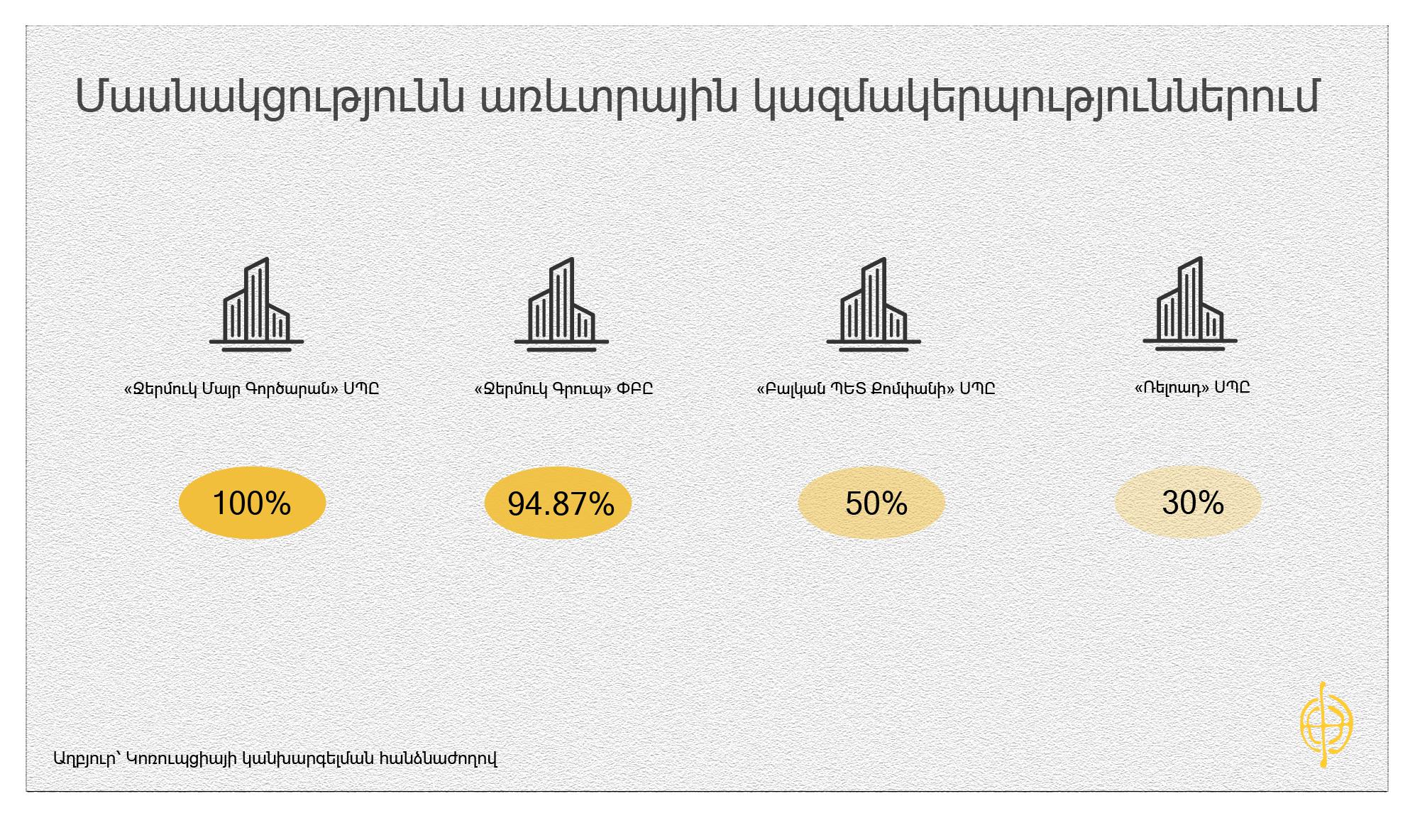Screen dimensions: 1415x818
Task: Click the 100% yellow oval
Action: click(252, 503)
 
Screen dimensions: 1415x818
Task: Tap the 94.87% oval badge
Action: click(558, 503)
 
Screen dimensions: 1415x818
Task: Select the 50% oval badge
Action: click(871, 503)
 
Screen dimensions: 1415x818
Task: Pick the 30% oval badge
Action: click(1188, 502)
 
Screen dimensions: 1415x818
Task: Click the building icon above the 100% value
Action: click(257, 304)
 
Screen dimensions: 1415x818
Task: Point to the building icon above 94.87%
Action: click(561, 304)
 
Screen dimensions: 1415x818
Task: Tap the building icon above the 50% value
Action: click(874, 304)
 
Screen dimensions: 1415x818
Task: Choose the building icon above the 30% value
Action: click(1190, 303)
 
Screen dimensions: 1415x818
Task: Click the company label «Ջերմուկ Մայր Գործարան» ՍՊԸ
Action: click(251, 389)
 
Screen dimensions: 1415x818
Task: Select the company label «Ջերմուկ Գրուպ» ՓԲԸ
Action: click(563, 389)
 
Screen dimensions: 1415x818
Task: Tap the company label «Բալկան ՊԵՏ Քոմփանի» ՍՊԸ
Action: click(876, 389)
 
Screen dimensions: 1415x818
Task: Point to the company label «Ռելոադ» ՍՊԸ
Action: click(1192, 388)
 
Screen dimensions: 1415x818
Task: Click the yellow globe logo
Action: click(1326, 725)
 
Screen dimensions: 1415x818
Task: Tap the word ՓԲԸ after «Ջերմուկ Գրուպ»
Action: click(635, 389)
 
